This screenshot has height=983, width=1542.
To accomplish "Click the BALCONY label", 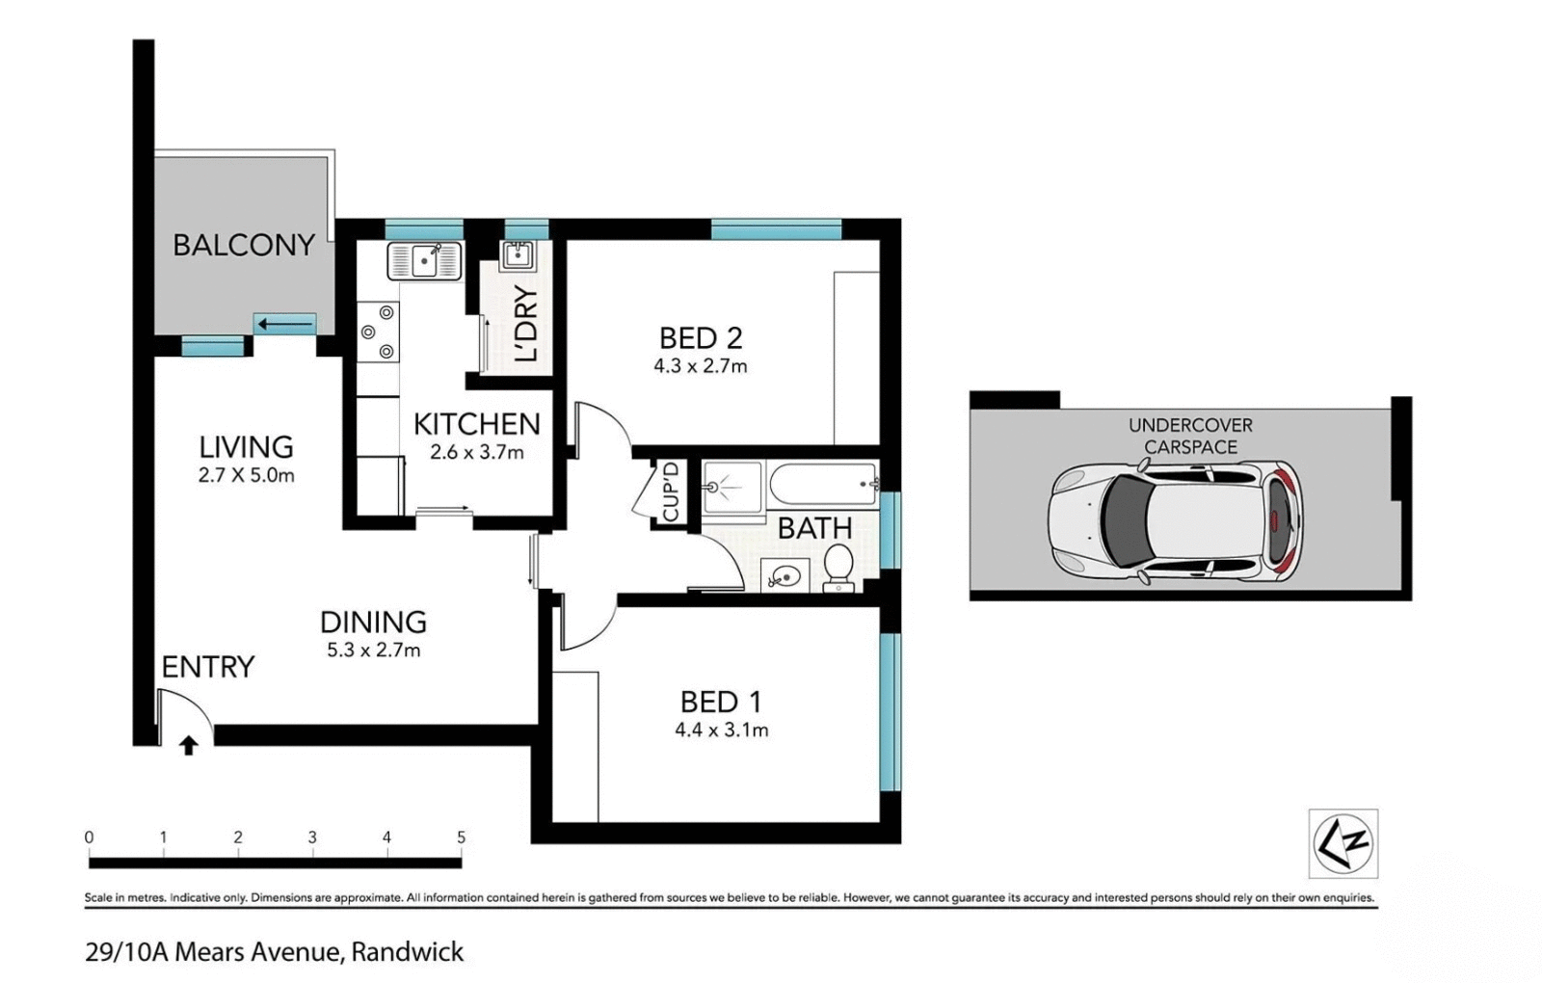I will tap(244, 245).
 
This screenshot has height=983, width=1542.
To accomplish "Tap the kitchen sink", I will tap(425, 261).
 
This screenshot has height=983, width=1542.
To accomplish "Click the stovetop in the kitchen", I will tap(377, 332).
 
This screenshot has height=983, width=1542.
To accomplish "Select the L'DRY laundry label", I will tap(526, 324).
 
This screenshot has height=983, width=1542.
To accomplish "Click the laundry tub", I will tap(518, 255).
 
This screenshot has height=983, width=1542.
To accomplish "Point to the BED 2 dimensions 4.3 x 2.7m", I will tap(700, 366).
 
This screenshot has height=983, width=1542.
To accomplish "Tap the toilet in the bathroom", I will tap(838, 567).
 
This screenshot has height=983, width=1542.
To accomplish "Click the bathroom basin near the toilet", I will tap(785, 576).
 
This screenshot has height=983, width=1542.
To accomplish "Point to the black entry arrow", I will tap(189, 745).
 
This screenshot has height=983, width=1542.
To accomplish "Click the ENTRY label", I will tap(207, 667).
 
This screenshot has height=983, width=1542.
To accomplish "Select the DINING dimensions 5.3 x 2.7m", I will tap(373, 651).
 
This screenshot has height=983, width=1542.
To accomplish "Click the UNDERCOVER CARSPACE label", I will tap(1190, 436).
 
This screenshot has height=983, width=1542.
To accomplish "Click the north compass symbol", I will tap(1343, 843).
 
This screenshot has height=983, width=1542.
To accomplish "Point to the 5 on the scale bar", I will tap(461, 837).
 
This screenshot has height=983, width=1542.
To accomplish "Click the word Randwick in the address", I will tap(407, 952).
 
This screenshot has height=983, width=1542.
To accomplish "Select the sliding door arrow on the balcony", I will tap(286, 325).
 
